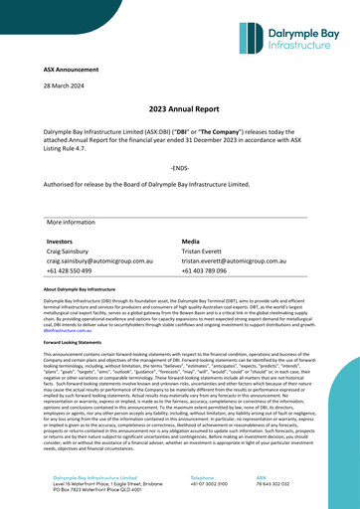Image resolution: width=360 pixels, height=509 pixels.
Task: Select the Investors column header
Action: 61,242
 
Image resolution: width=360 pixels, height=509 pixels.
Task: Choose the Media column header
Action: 192,242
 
